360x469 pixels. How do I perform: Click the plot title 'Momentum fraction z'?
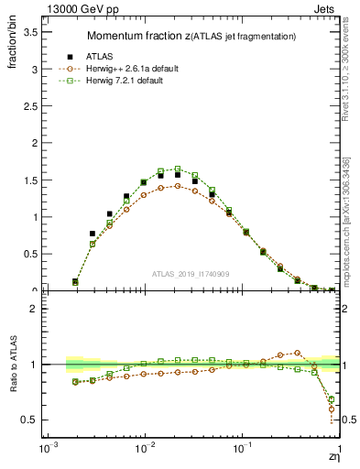[138, 36]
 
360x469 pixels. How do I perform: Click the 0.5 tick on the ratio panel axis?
[30, 420]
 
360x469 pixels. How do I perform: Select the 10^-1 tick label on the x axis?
[242, 451]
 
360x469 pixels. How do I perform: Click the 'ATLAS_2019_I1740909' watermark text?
[192, 274]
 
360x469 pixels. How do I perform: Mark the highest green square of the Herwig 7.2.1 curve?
[178, 169]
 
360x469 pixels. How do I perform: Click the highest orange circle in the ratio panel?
[297, 352]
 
